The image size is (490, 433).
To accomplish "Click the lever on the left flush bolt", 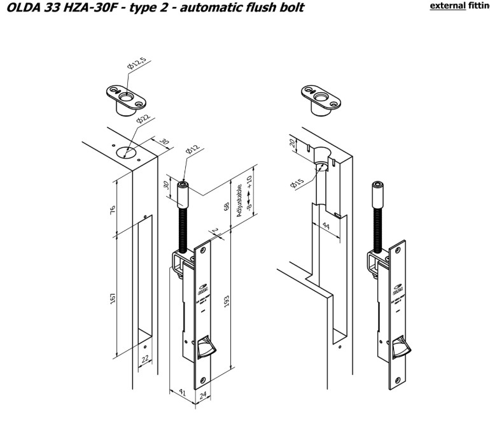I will tap(205, 349).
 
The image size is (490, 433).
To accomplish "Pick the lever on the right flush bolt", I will tap(402, 349).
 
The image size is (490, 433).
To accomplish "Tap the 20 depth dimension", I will tap(294, 144).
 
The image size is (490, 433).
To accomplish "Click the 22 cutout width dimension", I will tap(145, 359).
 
